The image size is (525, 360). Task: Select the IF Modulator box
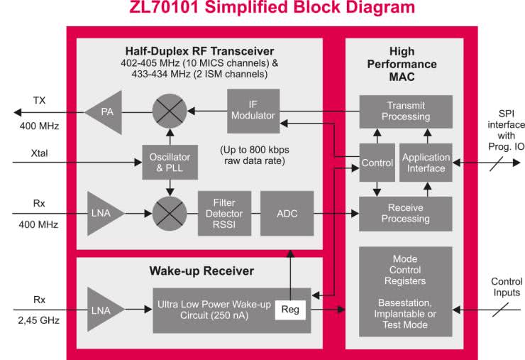click(253, 111)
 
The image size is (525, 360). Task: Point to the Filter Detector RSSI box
click(219, 212)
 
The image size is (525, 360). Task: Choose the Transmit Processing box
click(405, 111)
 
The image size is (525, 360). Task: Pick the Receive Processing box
click(405, 213)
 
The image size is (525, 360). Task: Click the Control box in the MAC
click(377, 163)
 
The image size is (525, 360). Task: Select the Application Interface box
click(426, 163)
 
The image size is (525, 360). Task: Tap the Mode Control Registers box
click(405, 292)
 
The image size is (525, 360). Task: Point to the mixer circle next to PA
click(170, 111)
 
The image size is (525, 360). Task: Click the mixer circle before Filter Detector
click(170, 212)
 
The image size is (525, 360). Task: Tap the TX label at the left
click(39, 101)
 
